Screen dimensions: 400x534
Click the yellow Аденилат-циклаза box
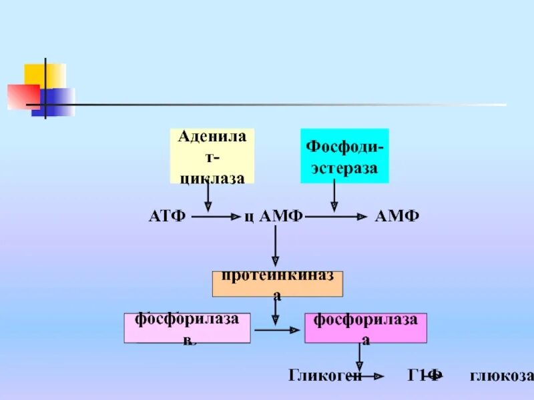pyautogui.click(x=212, y=156)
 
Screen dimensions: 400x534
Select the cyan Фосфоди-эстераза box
pyautogui.click(x=344, y=156)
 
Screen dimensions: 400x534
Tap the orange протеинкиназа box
pyautogui.click(x=277, y=284)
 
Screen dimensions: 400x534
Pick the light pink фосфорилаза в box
pyautogui.click(x=187, y=327)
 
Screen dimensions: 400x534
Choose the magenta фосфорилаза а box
pyautogui.click(x=365, y=327)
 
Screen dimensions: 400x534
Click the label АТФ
pyautogui.click(x=166, y=217)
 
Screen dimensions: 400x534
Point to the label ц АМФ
pyautogui.click(x=274, y=217)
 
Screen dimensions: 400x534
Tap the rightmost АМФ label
pyautogui.click(x=397, y=217)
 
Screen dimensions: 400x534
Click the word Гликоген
pyautogui.click(x=325, y=375)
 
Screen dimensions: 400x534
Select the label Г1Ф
pyautogui.click(x=425, y=375)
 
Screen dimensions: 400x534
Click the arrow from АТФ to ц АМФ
pyautogui.click(x=216, y=217)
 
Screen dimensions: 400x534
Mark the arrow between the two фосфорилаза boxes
pyautogui.click(x=276, y=329)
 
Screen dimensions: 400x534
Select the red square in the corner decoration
pyautogui.click(x=23, y=97)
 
